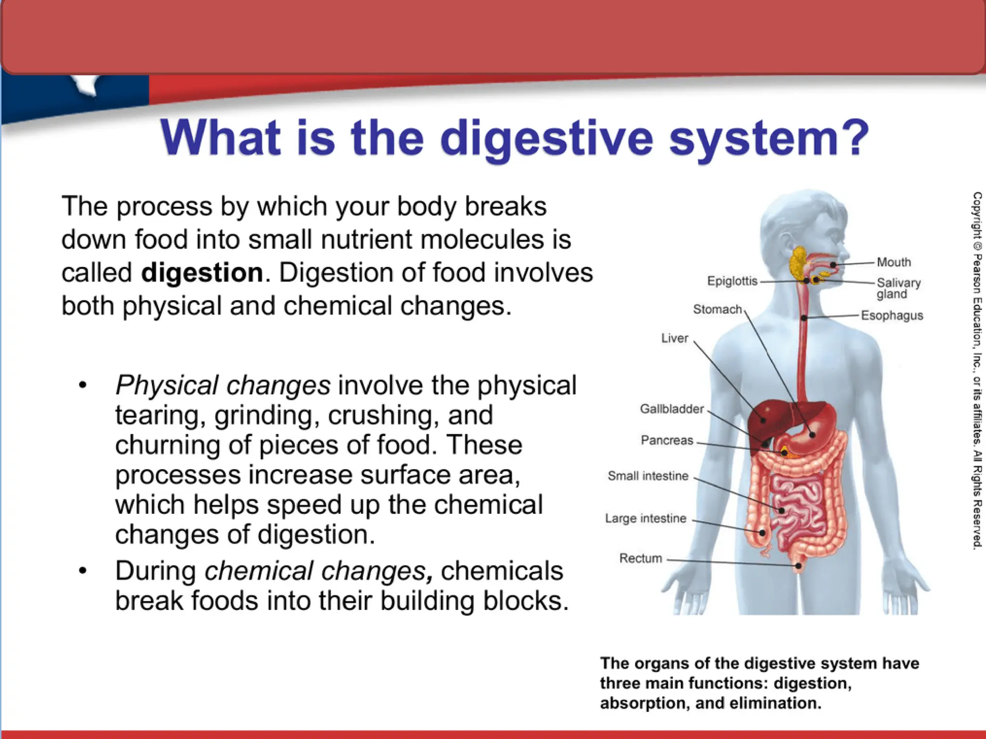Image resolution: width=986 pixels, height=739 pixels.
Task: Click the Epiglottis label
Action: [x=732, y=281]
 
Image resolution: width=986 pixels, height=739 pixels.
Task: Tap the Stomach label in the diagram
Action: [x=717, y=309]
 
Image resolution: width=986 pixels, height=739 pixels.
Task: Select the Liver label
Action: [x=675, y=338]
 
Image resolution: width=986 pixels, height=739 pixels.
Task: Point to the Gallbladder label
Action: [x=672, y=409]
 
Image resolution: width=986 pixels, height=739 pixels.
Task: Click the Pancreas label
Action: [x=667, y=440]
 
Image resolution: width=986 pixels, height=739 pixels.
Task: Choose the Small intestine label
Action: [x=648, y=476]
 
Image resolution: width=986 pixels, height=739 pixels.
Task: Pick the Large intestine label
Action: [x=646, y=518]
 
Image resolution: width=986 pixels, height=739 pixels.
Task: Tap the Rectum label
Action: [x=640, y=558]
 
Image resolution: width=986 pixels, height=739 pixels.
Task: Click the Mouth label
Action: [x=894, y=262]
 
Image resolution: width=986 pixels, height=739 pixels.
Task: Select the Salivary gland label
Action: [x=898, y=288]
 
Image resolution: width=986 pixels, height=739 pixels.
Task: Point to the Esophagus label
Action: [x=892, y=316]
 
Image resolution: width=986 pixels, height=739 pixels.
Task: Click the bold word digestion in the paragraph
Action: [x=202, y=273]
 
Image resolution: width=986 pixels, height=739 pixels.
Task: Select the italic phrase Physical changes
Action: [x=223, y=385]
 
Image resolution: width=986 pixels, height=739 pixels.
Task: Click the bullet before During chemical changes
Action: [x=83, y=571]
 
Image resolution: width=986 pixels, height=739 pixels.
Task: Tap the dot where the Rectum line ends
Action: [x=798, y=566]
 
